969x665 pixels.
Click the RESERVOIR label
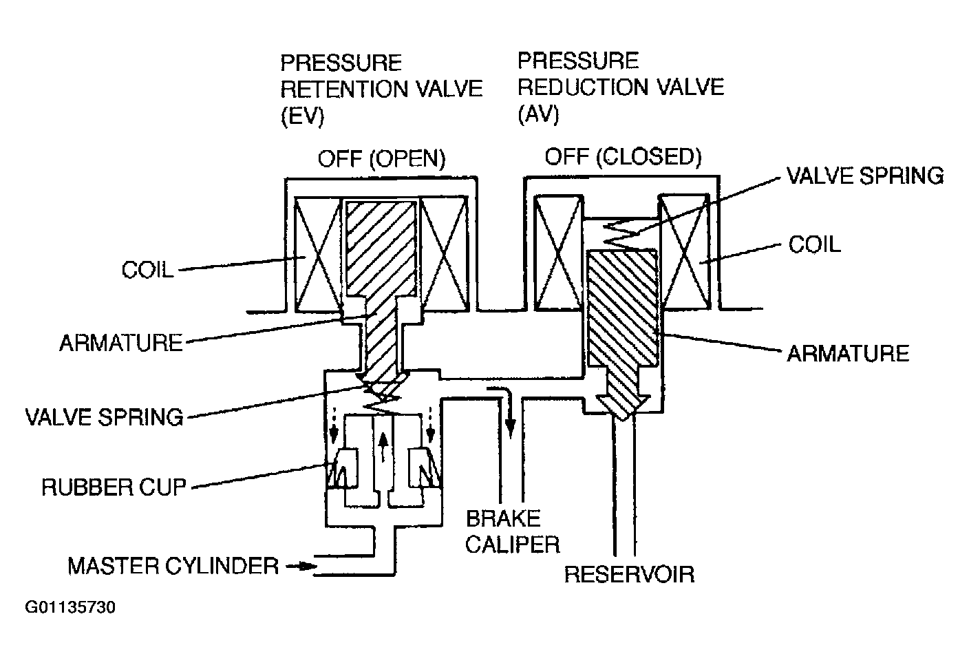tap(630, 575)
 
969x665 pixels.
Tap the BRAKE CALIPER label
tap(513, 531)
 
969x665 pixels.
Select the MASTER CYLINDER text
tap(173, 566)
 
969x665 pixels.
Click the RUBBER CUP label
tap(114, 487)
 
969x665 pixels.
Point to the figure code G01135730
tap(70, 607)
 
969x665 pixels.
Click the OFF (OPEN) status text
tap(381, 159)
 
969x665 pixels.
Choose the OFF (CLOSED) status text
tap(624, 157)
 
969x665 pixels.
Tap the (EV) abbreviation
tap(302, 116)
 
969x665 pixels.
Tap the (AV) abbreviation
tap(539, 114)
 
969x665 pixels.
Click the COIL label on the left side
tap(147, 270)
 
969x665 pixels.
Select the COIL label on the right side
tap(815, 244)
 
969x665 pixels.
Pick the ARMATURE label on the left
tap(121, 343)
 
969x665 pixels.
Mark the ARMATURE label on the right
tap(848, 353)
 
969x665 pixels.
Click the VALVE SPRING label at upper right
tap(865, 176)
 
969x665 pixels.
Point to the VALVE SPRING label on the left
tap(104, 417)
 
